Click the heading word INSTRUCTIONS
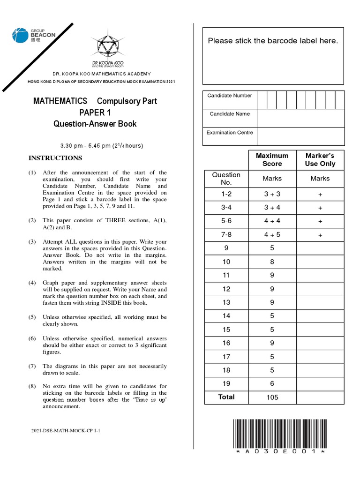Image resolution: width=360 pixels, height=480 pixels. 55,158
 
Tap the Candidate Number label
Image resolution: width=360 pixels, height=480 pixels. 230,96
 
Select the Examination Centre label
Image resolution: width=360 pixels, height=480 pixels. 230,133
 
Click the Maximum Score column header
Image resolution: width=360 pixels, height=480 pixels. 272,159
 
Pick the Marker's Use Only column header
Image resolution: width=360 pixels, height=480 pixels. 320,159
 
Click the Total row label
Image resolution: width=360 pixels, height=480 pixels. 226,397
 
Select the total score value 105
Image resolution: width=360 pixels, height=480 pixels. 272,397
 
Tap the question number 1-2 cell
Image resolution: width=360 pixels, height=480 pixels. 226,194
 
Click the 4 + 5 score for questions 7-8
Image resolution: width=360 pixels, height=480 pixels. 272,234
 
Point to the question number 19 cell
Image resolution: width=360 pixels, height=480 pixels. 226,383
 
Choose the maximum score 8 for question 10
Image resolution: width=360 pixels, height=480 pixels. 272,262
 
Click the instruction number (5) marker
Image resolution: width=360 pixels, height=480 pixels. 32,317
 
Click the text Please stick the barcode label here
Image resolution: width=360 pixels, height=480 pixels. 273,41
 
